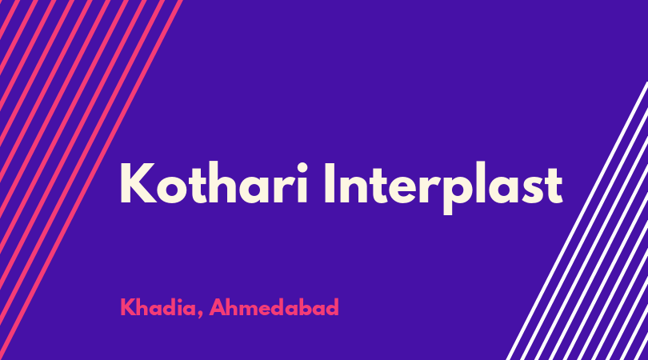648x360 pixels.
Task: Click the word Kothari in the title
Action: pyautogui.click(x=214, y=182)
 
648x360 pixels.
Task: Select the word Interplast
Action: pyautogui.click(x=443, y=188)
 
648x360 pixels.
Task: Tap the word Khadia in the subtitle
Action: pyautogui.click(x=158, y=307)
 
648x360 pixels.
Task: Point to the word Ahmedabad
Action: pyautogui.click(x=274, y=307)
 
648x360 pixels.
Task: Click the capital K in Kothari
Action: pyautogui.click(x=138, y=183)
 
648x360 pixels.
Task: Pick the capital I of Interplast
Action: pyautogui.click(x=330, y=183)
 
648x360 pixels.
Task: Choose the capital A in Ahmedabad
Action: pyautogui.click(x=217, y=307)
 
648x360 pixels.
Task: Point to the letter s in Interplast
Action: pyautogui.click(x=532, y=190)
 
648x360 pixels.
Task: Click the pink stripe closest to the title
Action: pyautogui.click(x=91, y=180)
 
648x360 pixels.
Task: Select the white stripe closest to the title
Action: pyautogui.click(x=577, y=221)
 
